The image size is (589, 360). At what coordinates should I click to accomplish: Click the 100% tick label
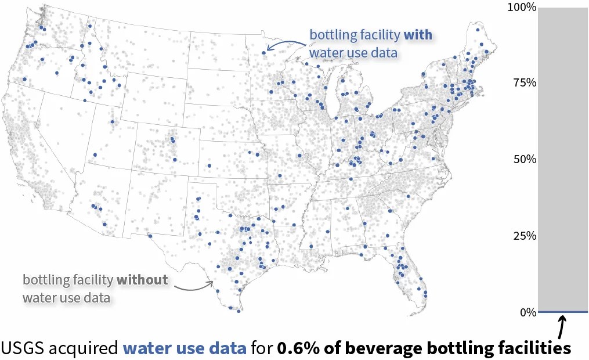521,7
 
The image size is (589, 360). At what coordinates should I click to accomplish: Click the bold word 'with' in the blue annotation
418,35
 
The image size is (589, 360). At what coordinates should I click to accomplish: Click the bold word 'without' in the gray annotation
142,280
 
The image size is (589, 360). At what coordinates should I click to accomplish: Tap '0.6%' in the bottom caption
297,348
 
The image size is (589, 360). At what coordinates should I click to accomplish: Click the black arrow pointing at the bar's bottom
562,326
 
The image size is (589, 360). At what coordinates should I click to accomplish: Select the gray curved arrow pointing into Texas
194,286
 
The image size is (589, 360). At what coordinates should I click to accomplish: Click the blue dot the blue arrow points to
264,52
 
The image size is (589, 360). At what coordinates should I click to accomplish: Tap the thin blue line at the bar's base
563,312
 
